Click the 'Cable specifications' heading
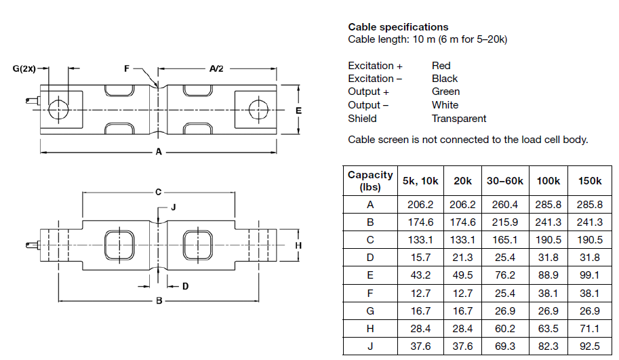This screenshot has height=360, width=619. pos(398,27)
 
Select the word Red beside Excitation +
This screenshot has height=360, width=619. pos(441,66)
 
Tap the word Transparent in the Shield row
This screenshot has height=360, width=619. pos(459,119)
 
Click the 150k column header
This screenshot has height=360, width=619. pos(589,181)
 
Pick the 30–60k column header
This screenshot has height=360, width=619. pos(505,181)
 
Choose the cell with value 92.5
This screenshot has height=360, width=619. pos(589,345)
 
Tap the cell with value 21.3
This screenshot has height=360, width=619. pos(463,257)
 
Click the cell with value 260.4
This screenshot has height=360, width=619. pos(505,204)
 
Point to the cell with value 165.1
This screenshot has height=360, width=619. pos(505,239)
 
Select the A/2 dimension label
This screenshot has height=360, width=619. pos(216,68)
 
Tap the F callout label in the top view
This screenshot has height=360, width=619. pos(126,68)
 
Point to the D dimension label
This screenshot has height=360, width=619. pos(185,286)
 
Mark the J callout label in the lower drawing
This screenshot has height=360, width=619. pos(173,207)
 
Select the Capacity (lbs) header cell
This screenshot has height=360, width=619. pos(370,181)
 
